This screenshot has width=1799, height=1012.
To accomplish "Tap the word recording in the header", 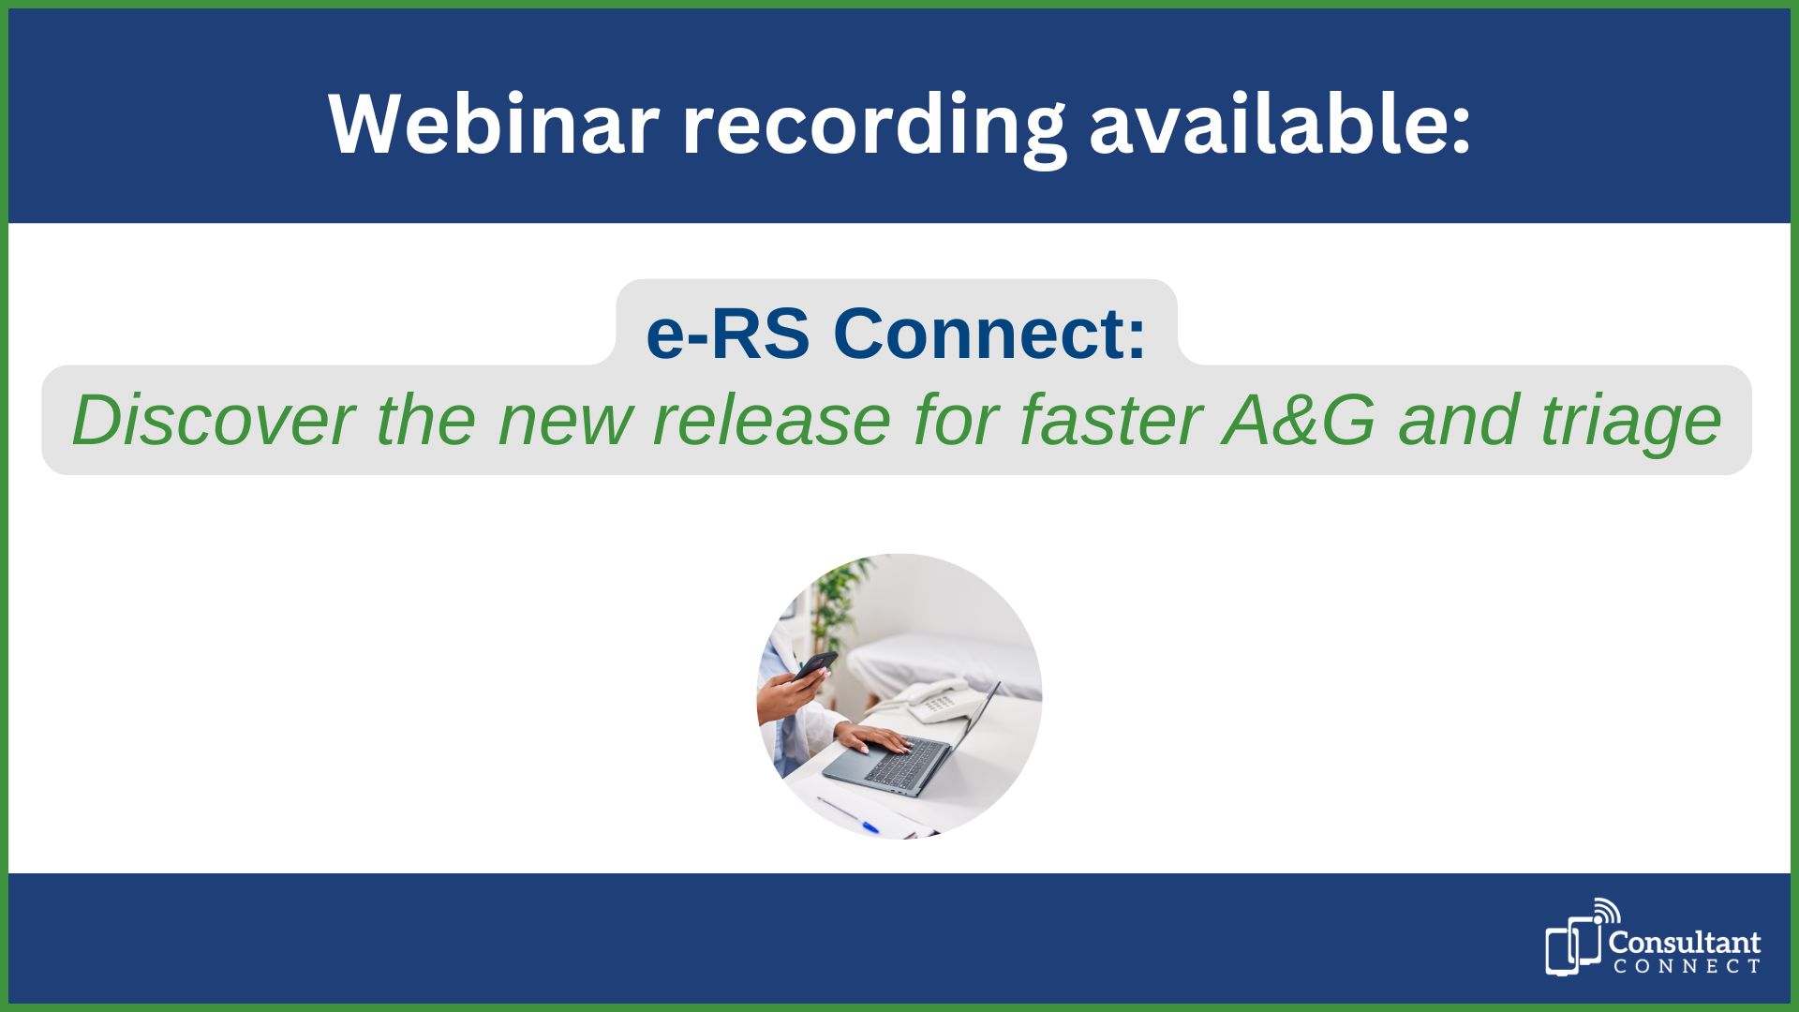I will pos(873,126).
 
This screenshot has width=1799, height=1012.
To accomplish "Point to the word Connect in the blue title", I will pos(989,334).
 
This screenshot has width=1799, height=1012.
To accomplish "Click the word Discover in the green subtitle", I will pos(213,420).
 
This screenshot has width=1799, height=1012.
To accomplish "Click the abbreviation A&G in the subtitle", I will pos(1299,420).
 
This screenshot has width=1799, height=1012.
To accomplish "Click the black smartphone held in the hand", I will pos(814,664).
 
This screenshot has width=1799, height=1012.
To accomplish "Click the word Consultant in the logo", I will pos(1684,942).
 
